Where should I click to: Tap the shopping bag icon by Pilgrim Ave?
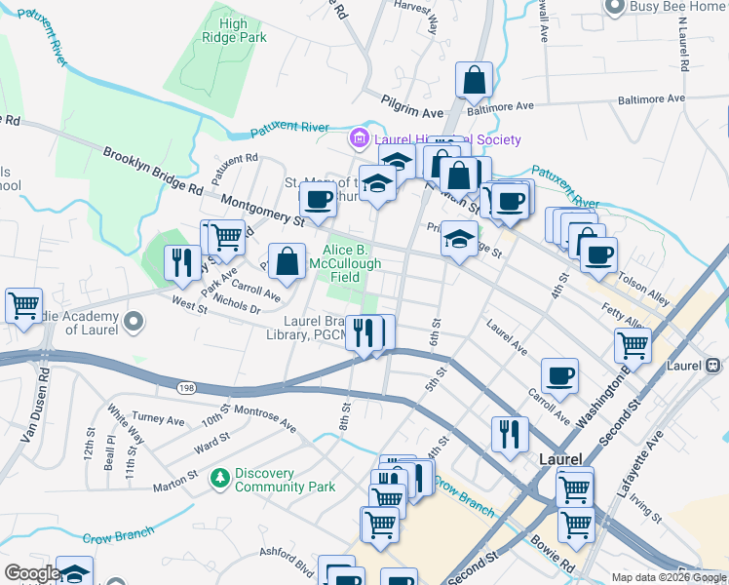[474, 82]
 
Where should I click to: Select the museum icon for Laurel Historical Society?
[360, 140]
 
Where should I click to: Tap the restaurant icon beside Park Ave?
[180, 262]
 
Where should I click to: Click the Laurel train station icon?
[713, 366]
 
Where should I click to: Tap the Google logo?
[32, 572]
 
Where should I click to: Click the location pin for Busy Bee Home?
[614, 7]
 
